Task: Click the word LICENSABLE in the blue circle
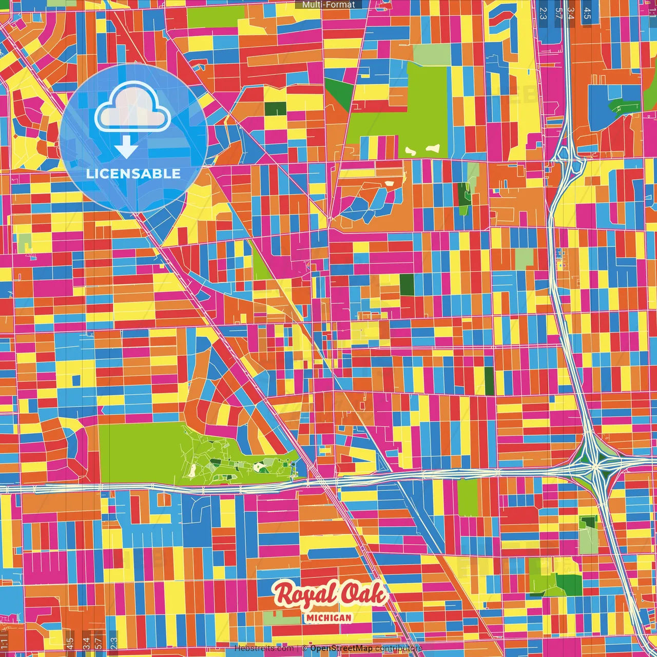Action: click(133, 173)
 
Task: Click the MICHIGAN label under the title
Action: click(328, 617)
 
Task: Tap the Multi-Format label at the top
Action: click(328, 5)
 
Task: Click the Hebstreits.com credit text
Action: click(264, 648)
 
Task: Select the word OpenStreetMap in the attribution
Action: click(341, 648)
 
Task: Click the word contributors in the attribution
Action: click(399, 648)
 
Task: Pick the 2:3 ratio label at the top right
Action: click(543, 13)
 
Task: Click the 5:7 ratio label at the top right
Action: click(558, 13)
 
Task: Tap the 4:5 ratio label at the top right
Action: click(587, 13)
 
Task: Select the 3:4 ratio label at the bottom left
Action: click(86, 643)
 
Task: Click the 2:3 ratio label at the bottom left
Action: click(114, 643)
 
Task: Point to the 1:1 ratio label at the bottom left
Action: click(4, 643)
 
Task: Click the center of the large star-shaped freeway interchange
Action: click(594, 467)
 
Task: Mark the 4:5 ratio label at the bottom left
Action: click(70, 643)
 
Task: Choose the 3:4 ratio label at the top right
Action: click(571, 13)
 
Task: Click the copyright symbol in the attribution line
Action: click(304, 648)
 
